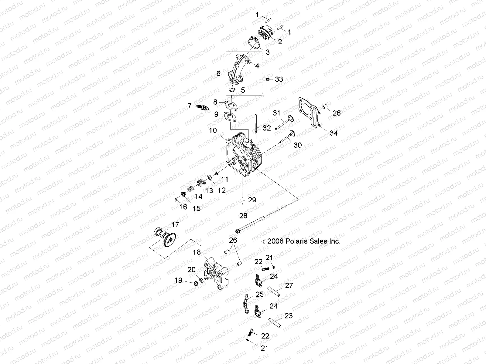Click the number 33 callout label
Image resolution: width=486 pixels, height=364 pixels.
[279, 79]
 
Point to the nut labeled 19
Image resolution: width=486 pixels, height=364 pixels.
[196, 283]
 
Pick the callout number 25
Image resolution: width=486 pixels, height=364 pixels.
[259, 294]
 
